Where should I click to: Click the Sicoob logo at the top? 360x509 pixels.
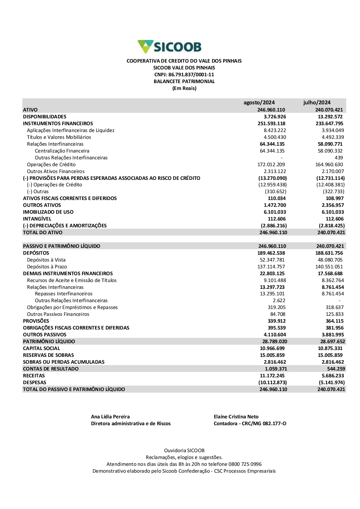(170, 47)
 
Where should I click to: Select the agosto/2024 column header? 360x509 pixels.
(259, 103)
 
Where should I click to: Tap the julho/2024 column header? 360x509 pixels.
(317, 103)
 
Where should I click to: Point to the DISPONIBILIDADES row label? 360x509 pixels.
(45, 117)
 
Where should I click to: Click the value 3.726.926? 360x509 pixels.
(275, 117)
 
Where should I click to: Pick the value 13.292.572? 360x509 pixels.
(330, 117)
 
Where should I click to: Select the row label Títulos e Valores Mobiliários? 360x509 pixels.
(59, 137)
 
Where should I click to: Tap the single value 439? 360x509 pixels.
(339, 158)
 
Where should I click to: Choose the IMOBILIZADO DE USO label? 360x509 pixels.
(48, 212)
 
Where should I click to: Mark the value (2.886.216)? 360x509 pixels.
(274, 226)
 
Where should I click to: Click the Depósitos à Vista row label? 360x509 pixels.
(46, 260)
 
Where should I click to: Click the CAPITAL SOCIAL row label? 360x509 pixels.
(41, 348)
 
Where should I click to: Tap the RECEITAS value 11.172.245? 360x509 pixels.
(272, 376)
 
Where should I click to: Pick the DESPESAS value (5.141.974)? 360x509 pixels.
(332, 382)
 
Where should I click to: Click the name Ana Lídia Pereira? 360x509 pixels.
(110, 417)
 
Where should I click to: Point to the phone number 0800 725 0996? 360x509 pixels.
(245, 464)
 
